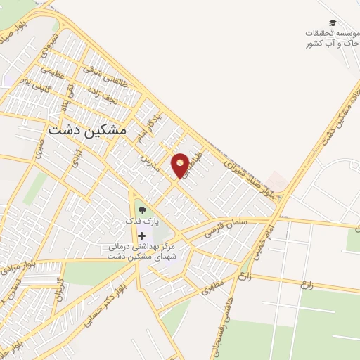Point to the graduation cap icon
332,23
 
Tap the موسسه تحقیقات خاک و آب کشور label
330,39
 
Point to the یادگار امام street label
153,124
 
